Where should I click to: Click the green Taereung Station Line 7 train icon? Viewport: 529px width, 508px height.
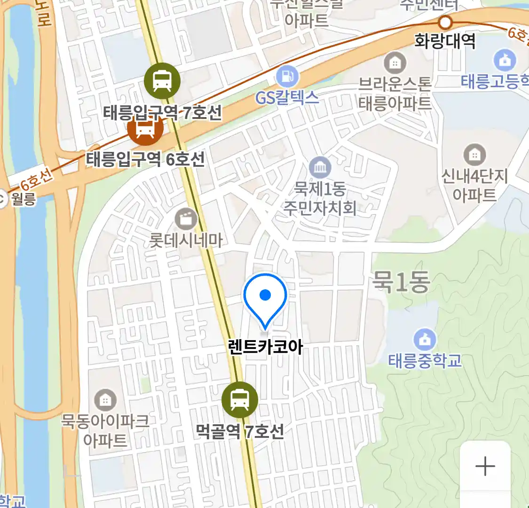162,81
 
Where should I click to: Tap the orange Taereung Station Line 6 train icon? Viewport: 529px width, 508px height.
145,128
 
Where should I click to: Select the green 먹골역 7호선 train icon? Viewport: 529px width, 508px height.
240,400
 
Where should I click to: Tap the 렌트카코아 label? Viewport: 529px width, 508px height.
265,347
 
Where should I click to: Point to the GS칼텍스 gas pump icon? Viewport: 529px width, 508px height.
287,76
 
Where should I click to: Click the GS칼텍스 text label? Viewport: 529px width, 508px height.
287,97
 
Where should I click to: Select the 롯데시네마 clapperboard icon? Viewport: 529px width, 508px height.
186,219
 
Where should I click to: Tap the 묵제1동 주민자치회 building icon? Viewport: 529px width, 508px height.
320,167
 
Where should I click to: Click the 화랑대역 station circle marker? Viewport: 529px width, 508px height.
445,22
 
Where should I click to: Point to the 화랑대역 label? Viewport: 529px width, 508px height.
444,41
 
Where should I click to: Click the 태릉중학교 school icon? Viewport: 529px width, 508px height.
425,340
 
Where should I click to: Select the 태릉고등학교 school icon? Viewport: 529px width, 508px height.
505,60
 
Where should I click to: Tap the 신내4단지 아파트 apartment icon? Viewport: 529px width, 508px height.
474,155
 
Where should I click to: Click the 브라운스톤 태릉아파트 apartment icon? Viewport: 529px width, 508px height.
395,63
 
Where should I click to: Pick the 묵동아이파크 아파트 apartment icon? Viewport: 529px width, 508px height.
105,400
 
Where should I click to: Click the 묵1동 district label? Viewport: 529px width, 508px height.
401,283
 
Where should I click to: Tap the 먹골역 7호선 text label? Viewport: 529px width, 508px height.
240,431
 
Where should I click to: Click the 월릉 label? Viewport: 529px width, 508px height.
24,199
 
